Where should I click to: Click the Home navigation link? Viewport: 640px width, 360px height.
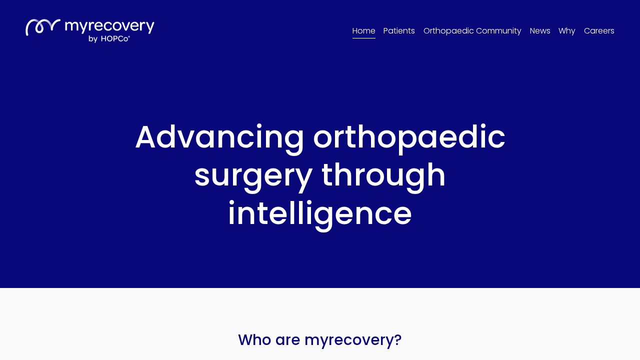click(x=363, y=31)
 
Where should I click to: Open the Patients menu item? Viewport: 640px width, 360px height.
click(x=399, y=31)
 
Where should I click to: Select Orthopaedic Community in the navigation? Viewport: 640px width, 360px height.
click(x=472, y=31)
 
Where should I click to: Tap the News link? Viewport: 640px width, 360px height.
click(x=540, y=31)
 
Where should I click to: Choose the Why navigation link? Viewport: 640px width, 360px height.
click(x=566, y=31)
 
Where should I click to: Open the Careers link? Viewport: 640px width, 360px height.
click(x=599, y=31)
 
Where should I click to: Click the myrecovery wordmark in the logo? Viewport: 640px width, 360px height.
click(x=109, y=26)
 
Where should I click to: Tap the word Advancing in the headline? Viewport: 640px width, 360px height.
click(x=219, y=137)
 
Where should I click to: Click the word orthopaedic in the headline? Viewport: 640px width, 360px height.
click(x=409, y=137)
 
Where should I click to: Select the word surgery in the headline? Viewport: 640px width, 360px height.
click(x=253, y=175)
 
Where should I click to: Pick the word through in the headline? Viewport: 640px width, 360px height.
click(x=383, y=175)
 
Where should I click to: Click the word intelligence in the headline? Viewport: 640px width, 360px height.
click(x=320, y=213)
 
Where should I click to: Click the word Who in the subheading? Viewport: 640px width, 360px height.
click(x=254, y=340)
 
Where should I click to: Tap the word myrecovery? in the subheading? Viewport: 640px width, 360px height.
click(x=353, y=340)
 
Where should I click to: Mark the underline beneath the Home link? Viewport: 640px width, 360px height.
click(x=363, y=38)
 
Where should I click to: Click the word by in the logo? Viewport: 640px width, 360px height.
click(x=93, y=39)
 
